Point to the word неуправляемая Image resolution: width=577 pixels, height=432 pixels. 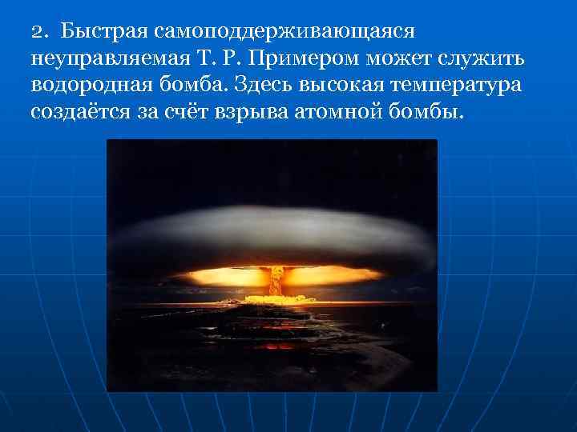coord(111,59)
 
